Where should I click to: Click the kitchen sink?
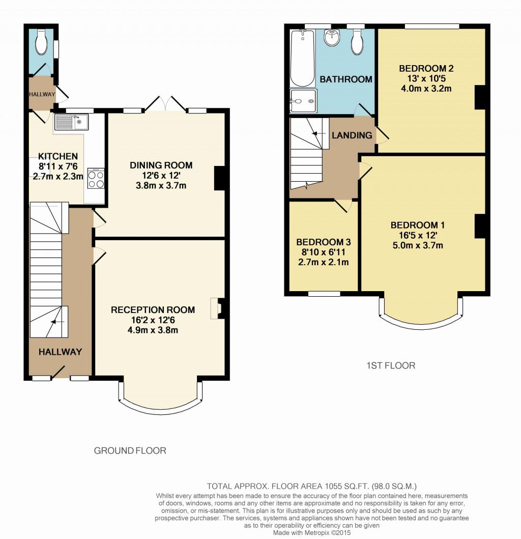tap(71, 121)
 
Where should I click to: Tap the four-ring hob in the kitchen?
tap(96, 178)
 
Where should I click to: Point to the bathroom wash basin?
tap(332, 37)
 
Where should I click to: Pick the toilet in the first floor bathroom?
tap(358, 42)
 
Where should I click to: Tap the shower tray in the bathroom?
tap(303, 101)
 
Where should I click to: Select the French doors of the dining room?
tap(165, 104)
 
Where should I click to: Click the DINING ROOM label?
tap(161, 165)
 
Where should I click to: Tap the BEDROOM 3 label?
tap(324, 242)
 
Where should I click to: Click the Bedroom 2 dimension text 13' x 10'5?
tap(426, 78)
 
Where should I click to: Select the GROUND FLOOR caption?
tap(130, 450)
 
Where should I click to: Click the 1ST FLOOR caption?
tap(391, 365)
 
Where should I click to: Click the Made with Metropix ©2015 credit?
tap(312, 533)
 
